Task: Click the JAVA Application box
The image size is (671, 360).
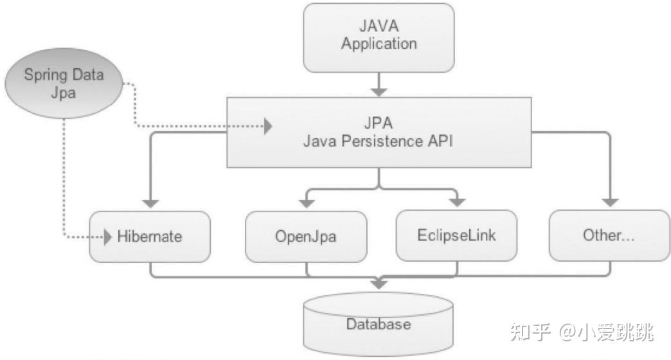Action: click(x=379, y=38)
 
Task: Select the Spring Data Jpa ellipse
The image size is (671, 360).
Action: click(x=64, y=83)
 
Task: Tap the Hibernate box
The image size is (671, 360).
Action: click(x=150, y=237)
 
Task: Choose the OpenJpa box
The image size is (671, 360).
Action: click(x=306, y=237)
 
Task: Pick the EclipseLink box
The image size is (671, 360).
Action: click(x=456, y=235)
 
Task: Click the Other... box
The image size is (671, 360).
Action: click(x=609, y=235)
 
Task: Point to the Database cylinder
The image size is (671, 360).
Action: click(x=379, y=324)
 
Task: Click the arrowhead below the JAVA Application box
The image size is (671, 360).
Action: click(x=379, y=92)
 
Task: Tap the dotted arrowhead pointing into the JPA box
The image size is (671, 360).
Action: click(x=268, y=126)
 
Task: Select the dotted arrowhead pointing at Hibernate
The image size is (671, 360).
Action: click(x=108, y=237)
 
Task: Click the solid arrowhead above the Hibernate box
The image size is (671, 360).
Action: click(x=150, y=204)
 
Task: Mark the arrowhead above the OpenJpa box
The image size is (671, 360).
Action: click(x=307, y=204)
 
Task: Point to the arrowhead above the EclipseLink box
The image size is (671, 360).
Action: click(x=458, y=203)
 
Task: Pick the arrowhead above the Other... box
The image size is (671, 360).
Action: click(x=610, y=203)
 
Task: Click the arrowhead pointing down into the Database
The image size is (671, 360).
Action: click(x=379, y=284)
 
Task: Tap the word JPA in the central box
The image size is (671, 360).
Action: click(x=379, y=123)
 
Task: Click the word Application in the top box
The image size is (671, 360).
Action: click(x=379, y=44)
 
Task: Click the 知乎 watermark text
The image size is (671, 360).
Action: click(x=530, y=332)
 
